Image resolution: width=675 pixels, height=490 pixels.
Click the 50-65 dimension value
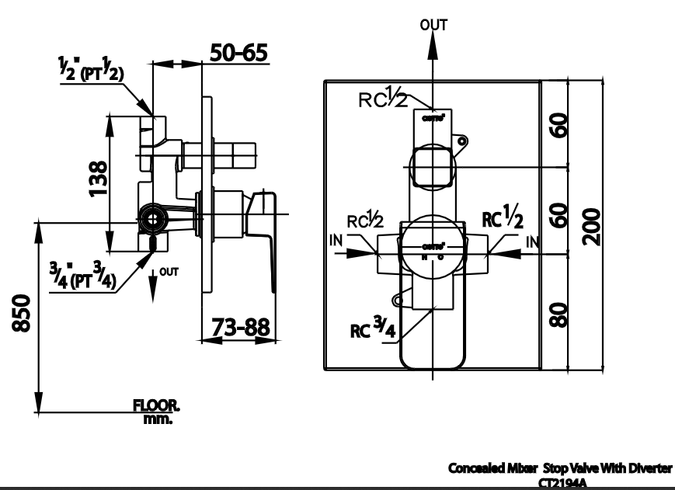(x=239, y=52)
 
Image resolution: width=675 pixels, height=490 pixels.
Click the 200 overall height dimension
(x=593, y=225)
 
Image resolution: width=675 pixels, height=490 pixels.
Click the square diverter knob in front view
(x=432, y=166)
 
